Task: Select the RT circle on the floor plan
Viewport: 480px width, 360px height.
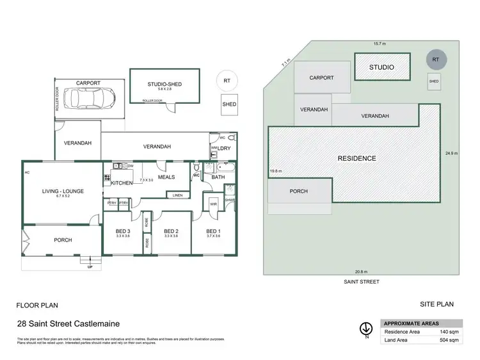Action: point(227,81)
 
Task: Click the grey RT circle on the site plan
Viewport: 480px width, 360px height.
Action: point(435,59)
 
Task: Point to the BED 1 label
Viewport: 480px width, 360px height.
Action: point(214,231)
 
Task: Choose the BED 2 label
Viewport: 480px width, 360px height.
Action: point(171,231)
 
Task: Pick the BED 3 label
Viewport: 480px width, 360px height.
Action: point(123,231)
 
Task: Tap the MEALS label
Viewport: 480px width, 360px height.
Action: point(166,177)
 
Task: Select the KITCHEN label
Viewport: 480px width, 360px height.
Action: point(122,183)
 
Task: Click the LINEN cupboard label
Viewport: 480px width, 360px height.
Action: point(178,195)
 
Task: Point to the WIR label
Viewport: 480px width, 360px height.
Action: point(213,204)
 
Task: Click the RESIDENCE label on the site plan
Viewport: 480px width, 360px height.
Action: point(357,158)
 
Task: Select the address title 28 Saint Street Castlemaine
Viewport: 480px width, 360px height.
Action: point(68,325)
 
